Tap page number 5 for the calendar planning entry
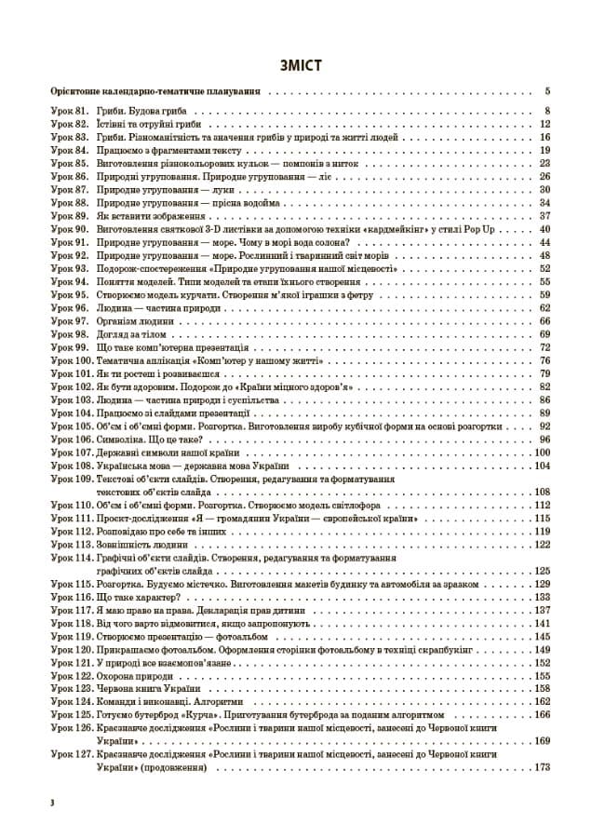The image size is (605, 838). (x=548, y=91)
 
